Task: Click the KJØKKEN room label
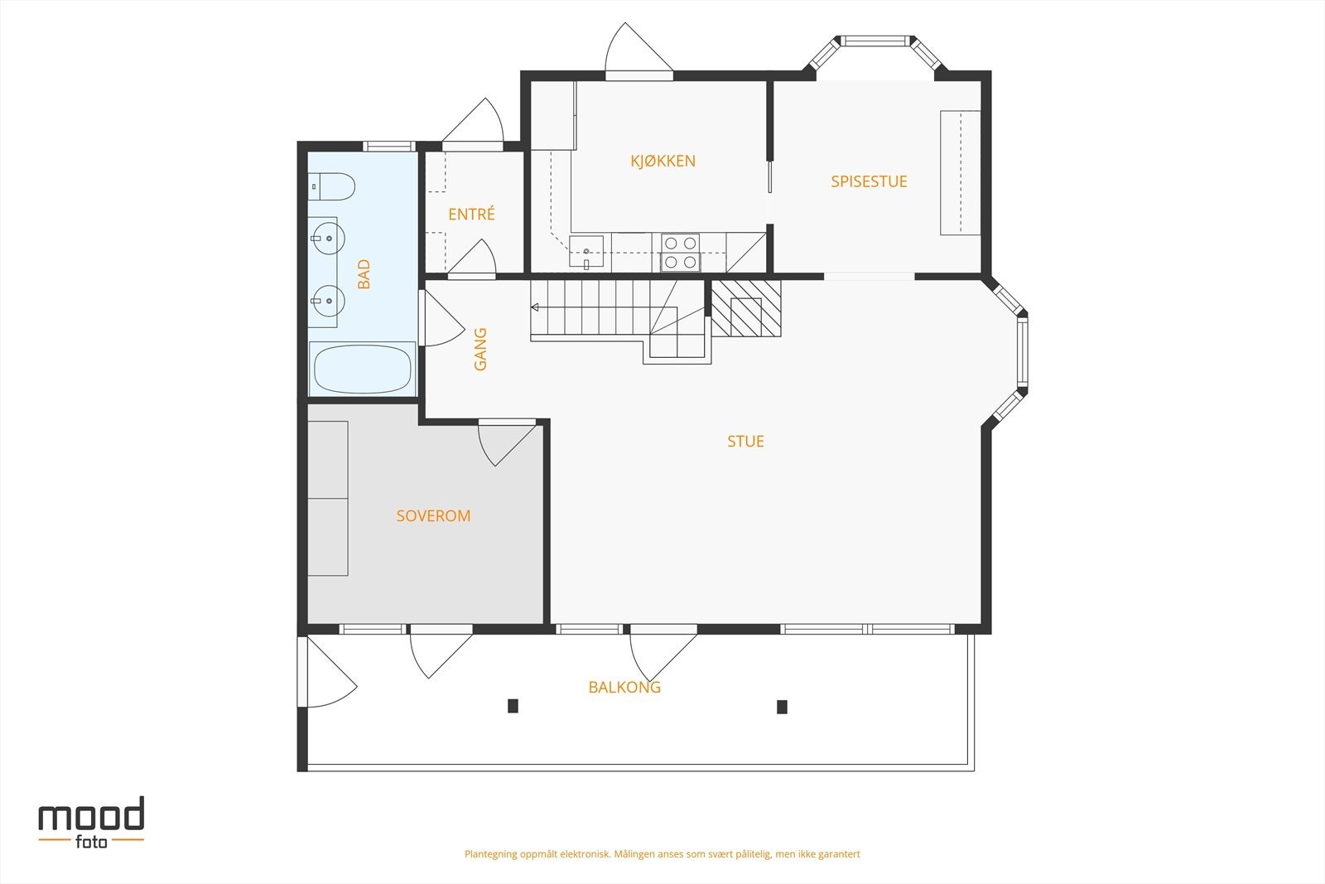pos(662,161)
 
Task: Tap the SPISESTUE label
pos(869,181)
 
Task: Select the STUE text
pos(745,441)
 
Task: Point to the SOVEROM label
pos(433,515)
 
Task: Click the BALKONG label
pos(624,687)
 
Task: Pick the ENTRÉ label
pos(471,214)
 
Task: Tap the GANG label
pos(480,349)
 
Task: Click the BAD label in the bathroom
pos(364,274)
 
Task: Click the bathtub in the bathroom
pos(362,369)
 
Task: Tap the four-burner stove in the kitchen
pos(681,253)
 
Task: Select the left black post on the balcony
pos(513,706)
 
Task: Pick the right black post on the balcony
pos(782,707)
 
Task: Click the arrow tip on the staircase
pos(535,307)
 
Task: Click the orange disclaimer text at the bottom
pos(662,853)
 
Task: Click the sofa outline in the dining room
pos(960,172)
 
